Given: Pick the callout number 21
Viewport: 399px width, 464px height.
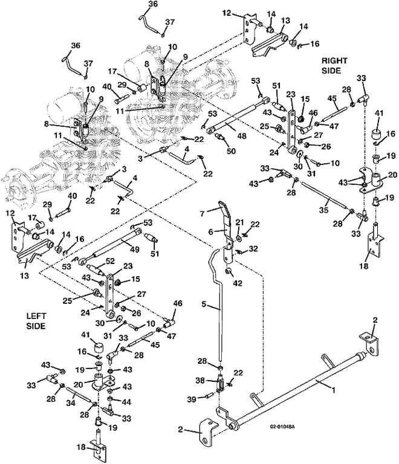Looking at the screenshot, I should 239,222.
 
